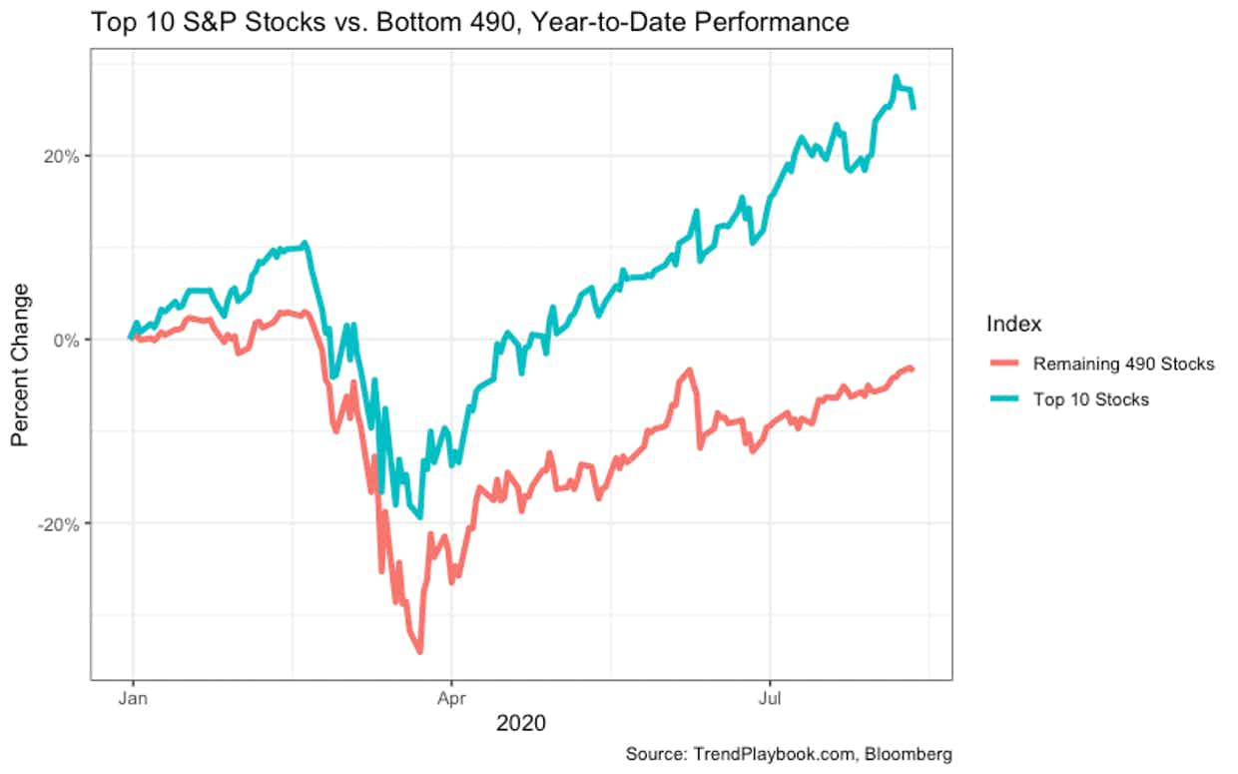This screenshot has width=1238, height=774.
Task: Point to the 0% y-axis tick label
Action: click(66, 340)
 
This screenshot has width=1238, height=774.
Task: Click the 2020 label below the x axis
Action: click(521, 722)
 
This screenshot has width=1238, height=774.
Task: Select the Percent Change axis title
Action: click(21, 366)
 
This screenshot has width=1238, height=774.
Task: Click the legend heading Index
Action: click(1013, 324)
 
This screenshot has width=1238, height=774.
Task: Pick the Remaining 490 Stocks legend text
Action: click(1123, 364)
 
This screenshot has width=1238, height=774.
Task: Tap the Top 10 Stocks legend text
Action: click(1091, 399)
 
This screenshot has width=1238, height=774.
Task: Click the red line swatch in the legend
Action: click(1003, 364)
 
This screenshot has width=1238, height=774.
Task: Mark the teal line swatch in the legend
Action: click(1003, 399)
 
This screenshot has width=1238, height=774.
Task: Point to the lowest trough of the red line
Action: click(420, 651)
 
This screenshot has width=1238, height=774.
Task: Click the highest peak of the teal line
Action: click(897, 77)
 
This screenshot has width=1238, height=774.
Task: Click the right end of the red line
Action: click(913, 370)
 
